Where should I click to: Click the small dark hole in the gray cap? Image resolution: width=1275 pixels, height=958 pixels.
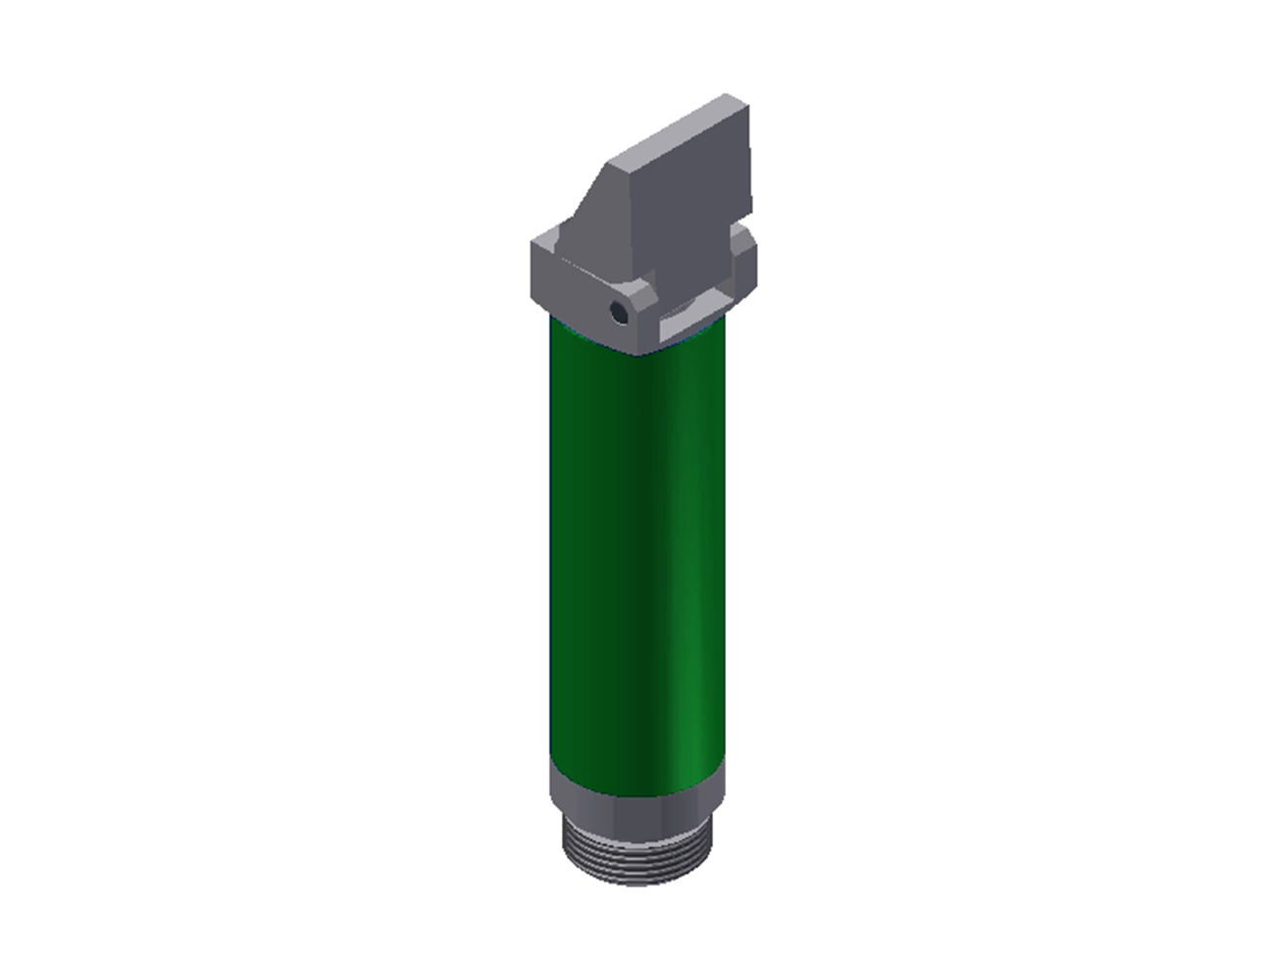pos(619,313)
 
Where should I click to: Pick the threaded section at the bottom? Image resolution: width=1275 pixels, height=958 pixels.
pos(637,853)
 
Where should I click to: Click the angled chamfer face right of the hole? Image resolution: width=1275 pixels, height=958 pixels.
pos(642,304)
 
